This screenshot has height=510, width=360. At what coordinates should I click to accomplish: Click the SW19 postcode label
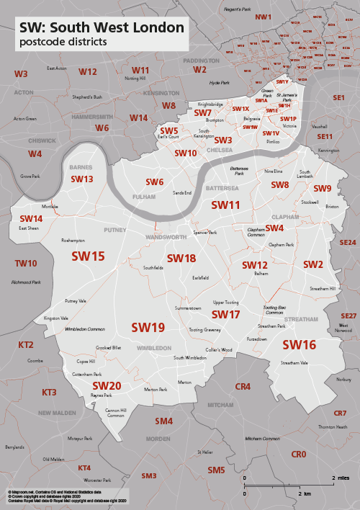click(148, 327)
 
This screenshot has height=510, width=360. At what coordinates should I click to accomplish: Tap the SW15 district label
click(88, 256)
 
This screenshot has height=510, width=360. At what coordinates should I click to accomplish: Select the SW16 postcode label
click(299, 344)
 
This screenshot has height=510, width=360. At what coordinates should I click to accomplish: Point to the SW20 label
click(106, 385)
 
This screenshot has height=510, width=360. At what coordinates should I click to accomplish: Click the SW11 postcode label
click(225, 205)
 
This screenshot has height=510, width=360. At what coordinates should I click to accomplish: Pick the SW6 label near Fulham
click(155, 182)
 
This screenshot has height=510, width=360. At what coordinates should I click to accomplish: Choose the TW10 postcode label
click(26, 264)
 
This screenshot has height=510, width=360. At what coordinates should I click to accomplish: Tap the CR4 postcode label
click(243, 387)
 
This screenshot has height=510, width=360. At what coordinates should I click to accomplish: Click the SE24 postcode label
click(348, 243)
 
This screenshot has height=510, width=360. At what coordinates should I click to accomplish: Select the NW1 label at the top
click(264, 17)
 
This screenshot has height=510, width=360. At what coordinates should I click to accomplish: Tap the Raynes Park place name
click(102, 395)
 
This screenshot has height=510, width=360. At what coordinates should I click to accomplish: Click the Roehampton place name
click(73, 241)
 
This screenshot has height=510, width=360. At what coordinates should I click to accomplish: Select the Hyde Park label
click(219, 83)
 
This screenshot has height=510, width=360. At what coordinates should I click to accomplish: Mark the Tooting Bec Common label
click(271, 310)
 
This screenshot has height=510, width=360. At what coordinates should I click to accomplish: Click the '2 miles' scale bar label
click(341, 478)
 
